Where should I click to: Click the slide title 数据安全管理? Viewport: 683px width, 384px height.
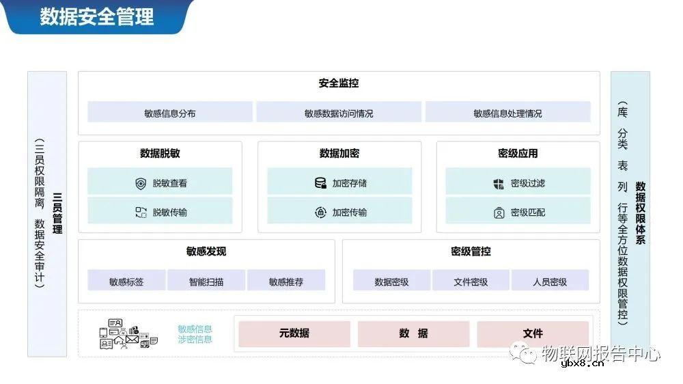(x=97, y=16)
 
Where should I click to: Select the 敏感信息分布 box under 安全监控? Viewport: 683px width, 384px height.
(x=169, y=113)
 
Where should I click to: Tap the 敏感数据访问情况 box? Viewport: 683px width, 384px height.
(x=339, y=113)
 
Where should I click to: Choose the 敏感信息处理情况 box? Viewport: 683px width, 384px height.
(x=507, y=113)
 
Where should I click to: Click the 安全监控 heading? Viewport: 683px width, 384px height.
(x=339, y=83)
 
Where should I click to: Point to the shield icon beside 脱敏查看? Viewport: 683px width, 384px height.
(x=141, y=183)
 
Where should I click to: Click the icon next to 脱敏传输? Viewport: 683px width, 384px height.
(x=141, y=212)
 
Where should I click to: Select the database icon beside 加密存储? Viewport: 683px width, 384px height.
(x=320, y=183)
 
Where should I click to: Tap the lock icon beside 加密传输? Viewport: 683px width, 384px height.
(x=320, y=212)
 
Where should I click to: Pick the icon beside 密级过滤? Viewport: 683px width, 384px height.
(x=499, y=183)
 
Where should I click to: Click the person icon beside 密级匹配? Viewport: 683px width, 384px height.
(x=499, y=212)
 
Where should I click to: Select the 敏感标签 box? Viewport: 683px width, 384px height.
(x=126, y=281)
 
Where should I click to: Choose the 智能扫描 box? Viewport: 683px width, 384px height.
(x=206, y=281)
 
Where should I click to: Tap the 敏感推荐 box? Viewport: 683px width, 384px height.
(x=286, y=281)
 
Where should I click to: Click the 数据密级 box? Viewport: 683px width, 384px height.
(x=391, y=281)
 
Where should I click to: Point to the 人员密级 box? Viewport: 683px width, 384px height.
(x=550, y=281)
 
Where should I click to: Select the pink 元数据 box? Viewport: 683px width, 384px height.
(x=294, y=333)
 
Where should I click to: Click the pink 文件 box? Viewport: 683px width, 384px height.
(x=533, y=333)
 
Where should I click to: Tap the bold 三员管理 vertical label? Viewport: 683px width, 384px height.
(x=57, y=213)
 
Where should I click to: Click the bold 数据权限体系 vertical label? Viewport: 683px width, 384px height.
(x=641, y=213)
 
